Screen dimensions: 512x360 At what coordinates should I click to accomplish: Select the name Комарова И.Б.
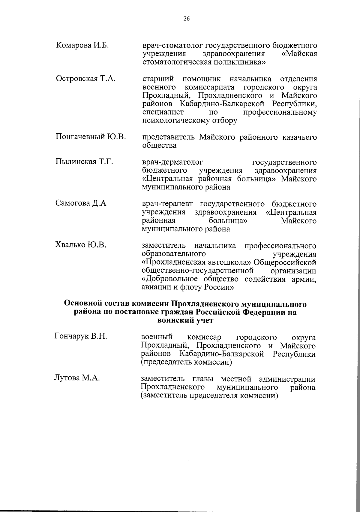pyautogui.click(x=82, y=45)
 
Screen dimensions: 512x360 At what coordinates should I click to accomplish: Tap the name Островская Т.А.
pyautogui.click(x=86, y=79)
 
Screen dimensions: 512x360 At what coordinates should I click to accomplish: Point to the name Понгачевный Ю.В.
pyautogui.click(x=91, y=137)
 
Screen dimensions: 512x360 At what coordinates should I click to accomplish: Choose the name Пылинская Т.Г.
pyautogui.click(x=84, y=162)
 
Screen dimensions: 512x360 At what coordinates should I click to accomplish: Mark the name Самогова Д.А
pyautogui.click(x=81, y=203)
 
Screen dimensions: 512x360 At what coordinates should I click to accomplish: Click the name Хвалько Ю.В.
pyautogui.click(x=81, y=245)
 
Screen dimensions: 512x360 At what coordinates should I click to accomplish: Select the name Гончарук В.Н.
pyautogui.click(x=81, y=336)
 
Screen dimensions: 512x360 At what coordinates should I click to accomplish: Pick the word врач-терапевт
pyautogui.click(x=168, y=204)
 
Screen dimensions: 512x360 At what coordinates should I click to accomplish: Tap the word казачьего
pyautogui.click(x=299, y=138)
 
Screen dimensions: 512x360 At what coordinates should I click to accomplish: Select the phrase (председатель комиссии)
pyautogui.click(x=187, y=362)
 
